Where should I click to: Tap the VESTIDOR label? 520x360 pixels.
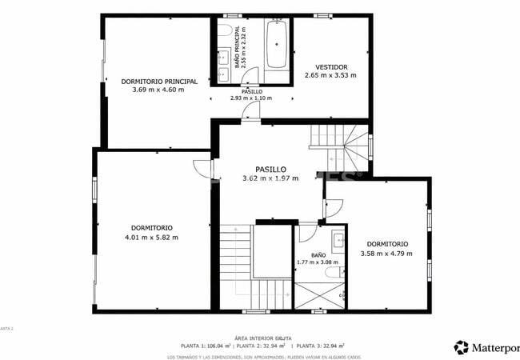[330, 66]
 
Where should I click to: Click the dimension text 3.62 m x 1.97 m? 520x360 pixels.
[270, 178]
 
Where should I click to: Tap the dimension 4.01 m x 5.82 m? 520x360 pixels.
[151, 237]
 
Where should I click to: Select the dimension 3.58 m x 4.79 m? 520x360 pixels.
[386, 254]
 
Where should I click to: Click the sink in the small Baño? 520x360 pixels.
[338, 239]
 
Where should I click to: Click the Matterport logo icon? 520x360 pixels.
[462, 347]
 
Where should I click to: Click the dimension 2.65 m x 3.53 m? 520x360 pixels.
[330, 75]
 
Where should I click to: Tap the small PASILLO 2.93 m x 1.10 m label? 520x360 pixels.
[250, 95]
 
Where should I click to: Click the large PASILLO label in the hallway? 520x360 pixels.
[270, 169]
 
